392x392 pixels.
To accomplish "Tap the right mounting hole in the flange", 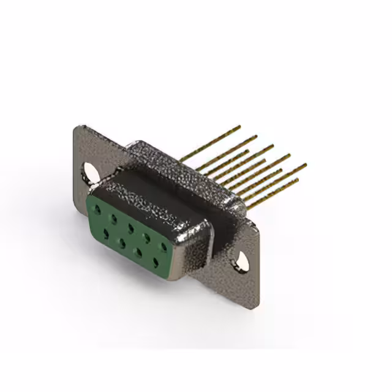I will tap(243, 261).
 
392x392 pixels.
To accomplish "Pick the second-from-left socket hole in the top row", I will tap(113, 217).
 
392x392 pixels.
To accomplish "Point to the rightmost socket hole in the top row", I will tap(164, 246).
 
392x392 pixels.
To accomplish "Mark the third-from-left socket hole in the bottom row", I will tap(139, 251).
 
